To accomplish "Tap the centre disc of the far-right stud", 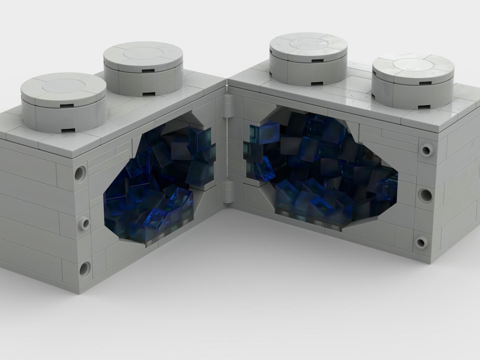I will pos(413,64).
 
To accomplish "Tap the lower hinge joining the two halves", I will pos(229,192).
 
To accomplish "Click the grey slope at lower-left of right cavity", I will pos(267,200).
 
